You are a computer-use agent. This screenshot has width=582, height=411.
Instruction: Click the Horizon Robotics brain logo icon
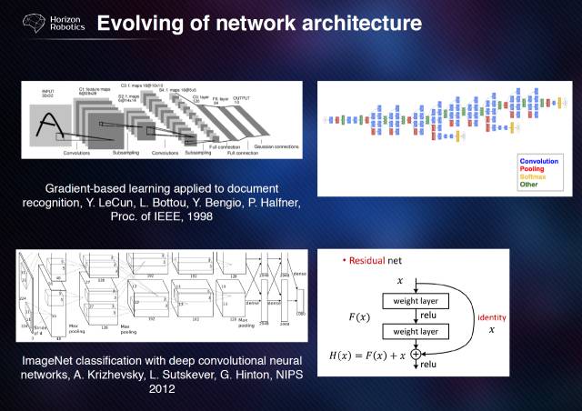[x=27, y=22]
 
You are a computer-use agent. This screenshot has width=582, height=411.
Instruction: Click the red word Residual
[x=370, y=261]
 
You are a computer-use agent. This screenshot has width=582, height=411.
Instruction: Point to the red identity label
[x=491, y=317]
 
